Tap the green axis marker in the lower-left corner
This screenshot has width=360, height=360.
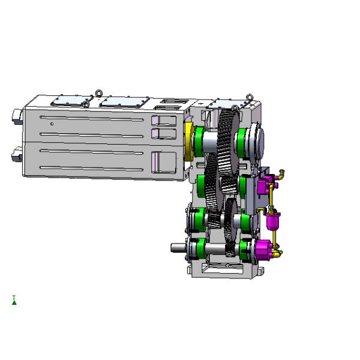14,300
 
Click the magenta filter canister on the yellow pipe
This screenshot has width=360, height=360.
274,221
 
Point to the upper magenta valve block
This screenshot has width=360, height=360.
263,184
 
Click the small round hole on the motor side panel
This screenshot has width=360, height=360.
52,124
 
